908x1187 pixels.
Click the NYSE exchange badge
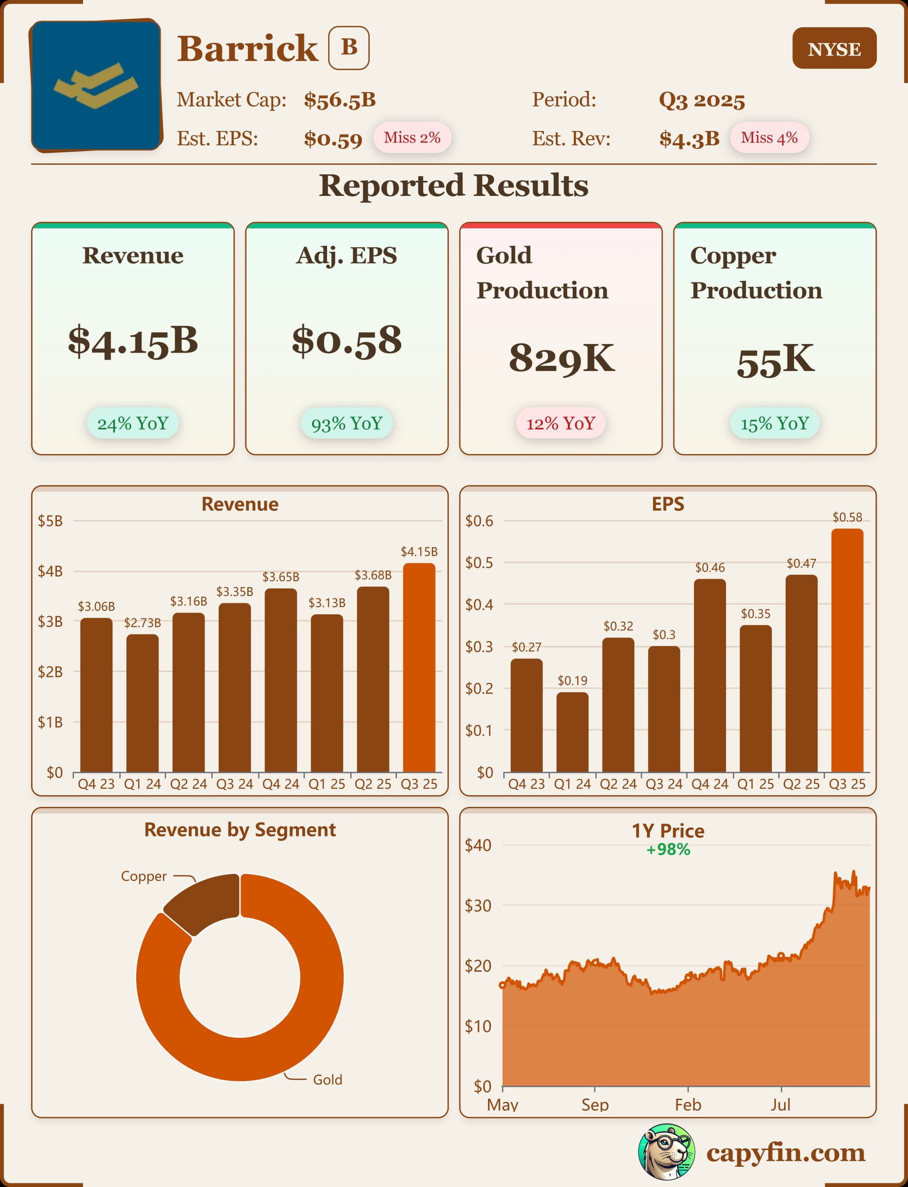(834, 49)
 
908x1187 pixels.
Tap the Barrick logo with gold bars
(96, 86)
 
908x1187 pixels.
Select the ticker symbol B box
(349, 48)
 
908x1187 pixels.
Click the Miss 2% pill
(412, 138)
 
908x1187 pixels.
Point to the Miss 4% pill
(768, 138)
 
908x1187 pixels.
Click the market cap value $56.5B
(340, 100)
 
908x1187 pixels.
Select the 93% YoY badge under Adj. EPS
(347, 423)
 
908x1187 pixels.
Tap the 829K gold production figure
(561, 358)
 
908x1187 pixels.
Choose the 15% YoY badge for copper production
(775, 423)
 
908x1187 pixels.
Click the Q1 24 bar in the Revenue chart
(143, 703)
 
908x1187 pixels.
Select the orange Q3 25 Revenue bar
(419, 668)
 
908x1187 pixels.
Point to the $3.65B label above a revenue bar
(280, 577)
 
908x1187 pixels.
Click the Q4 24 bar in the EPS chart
(710, 676)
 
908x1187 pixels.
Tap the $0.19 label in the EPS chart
(572, 680)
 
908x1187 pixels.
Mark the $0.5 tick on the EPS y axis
(479, 563)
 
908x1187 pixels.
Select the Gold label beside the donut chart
(328, 1080)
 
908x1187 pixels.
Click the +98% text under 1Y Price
(668, 850)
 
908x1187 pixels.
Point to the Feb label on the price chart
(688, 1104)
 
